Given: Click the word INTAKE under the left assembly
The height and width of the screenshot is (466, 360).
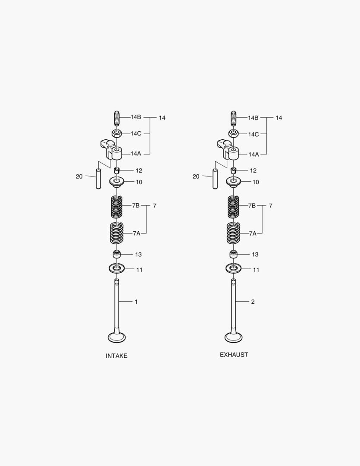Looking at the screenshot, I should [116, 356].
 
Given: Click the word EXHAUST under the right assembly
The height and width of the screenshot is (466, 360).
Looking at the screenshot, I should [234, 355].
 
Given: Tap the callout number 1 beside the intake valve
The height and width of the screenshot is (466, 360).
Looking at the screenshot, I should [136, 302].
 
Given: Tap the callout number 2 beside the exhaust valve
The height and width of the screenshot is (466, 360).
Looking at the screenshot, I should [253, 302].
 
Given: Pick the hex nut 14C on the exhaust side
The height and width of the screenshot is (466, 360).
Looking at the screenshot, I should [233, 134].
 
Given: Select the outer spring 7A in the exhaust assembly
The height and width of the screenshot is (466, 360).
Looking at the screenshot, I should [233, 233].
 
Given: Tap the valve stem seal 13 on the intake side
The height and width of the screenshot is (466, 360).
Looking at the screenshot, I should [116, 254].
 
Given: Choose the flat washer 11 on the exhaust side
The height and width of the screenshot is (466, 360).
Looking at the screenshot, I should [233, 269].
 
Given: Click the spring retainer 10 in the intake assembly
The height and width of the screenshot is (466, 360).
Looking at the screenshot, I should [116, 182].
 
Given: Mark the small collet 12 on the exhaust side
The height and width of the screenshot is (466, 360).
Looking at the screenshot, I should [233, 170].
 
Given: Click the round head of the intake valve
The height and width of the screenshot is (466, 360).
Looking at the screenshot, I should [116, 337].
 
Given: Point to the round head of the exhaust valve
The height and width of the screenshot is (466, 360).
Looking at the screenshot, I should [233, 337].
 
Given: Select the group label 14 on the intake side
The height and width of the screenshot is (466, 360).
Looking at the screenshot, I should [162, 118].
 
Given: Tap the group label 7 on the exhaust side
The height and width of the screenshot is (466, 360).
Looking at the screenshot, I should [270, 206].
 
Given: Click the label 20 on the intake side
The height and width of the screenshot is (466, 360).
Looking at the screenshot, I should [79, 176].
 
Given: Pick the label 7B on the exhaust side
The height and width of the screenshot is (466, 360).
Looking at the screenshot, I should [252, 206].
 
